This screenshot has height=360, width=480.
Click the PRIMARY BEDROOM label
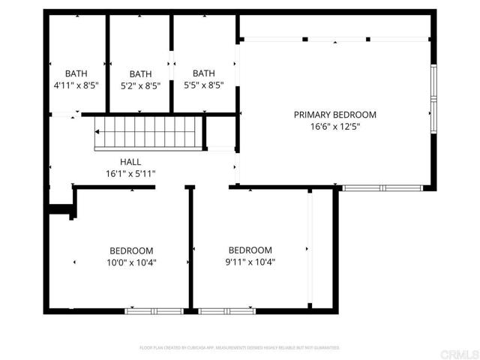(334, 115)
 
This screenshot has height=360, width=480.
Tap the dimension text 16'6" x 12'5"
(334, 127)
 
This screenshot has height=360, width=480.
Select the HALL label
(130, 162)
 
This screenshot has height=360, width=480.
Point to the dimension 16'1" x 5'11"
(130, 174)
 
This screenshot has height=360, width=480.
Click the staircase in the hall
(148, 132)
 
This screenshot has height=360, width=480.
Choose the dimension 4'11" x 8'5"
(76, 85)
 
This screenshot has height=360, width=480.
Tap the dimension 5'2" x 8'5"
(140, 86)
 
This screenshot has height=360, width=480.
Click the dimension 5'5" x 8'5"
(203, 85)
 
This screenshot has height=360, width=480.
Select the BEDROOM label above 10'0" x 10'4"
(131, 250)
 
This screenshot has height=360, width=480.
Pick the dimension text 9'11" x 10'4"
(250, 262)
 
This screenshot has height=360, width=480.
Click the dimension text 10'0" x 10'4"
(131, 262)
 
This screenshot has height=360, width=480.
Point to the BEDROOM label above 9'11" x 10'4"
(250, 250)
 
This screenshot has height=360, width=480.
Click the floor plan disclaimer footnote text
(240, 348)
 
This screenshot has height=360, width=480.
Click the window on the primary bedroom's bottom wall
(381, 187)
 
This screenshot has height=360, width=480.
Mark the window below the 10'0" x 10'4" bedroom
(153, 310)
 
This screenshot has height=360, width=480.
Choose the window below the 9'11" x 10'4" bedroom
(226, 310)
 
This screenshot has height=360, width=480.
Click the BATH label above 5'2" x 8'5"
(140, 74)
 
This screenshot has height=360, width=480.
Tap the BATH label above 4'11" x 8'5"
(76, 73)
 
